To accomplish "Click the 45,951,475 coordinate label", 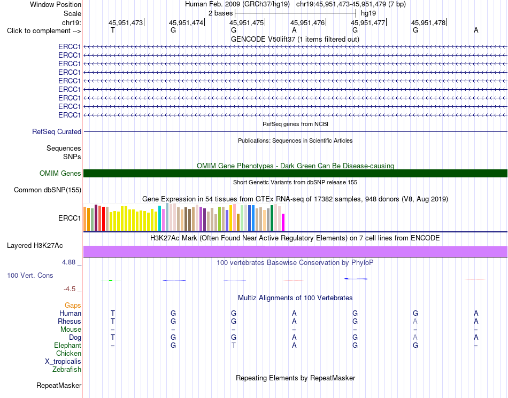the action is (x=247, y=22).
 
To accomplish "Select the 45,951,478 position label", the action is (x=428, y=22).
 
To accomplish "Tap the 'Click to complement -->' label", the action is (x=44, y=31).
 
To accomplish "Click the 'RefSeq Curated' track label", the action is (x=57, y=132).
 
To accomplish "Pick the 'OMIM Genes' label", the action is (x=60, y=174).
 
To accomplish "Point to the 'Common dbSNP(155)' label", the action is (x=48, y=190).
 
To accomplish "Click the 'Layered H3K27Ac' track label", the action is (x=35, y=246).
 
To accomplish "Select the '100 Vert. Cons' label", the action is (x=30, y=275).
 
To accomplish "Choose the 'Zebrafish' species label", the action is (x=67, y=369).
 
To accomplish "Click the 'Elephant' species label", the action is (x=68, y=345).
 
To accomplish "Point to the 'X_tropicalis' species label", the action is (x=63, y=362).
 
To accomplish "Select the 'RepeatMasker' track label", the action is (x=59, y=385).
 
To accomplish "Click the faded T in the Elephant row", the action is (x=234, y=345).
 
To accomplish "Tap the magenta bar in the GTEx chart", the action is (x=283, y=222).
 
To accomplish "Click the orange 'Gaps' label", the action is (x=73, y=305).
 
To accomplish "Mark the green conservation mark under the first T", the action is (x=111, y=280).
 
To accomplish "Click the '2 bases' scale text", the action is (x=221, y=13).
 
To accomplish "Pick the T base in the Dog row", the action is (x=113, y=337).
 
